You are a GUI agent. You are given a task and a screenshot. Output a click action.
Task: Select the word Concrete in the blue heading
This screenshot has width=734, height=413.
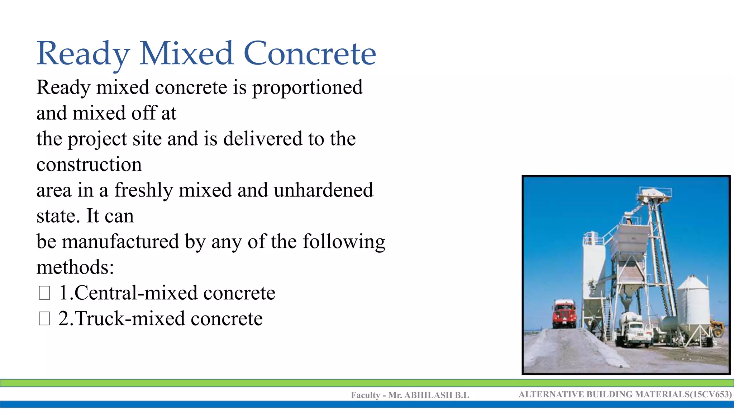310,54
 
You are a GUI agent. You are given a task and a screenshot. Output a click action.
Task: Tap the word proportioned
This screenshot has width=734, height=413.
307,88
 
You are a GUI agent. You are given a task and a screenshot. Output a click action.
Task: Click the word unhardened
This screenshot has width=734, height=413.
323,190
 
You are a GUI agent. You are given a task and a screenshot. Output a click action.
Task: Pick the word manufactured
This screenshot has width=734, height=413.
120,242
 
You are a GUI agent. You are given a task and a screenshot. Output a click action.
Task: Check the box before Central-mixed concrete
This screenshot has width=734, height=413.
44,293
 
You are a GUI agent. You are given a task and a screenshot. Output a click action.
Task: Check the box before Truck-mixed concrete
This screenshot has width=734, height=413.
44,318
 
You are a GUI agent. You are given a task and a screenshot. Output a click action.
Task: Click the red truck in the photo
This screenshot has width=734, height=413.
564,314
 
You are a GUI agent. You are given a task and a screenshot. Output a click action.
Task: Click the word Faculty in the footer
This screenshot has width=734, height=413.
365,395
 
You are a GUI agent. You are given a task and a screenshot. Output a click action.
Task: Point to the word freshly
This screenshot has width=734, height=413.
143,190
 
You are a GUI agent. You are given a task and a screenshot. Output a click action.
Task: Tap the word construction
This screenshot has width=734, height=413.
89,165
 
